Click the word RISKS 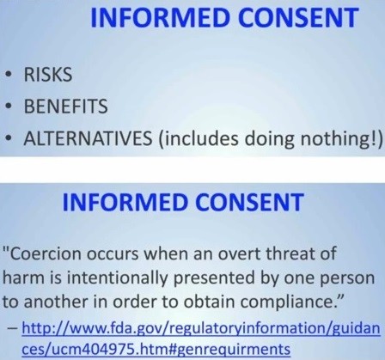[x=48, y=75]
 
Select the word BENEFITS [x=66, y=106]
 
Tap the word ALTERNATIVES [x=88, y=138]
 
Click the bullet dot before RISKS [x=9, y=75]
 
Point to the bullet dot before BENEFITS [x=9, y=107]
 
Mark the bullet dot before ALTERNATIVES [x=9, y=138]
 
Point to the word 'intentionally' [x=116, y=278]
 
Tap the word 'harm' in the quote [x=24, y=278]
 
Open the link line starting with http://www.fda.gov [x=201, y=329]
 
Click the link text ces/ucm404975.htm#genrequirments [x=156, y=350]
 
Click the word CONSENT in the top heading [x=298, y=17]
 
